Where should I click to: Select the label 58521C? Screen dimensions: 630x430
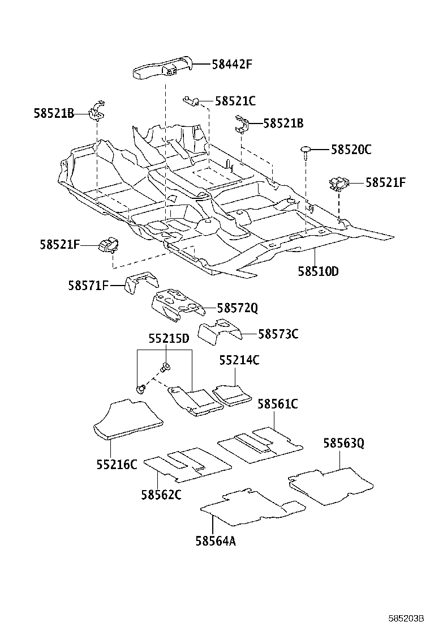click(235, 101)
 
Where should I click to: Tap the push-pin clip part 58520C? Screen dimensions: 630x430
click(306, 151)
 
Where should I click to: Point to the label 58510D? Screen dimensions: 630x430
click(318, 271)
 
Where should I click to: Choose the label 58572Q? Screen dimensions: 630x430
click(237, 308)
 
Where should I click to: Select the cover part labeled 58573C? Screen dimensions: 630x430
click(218, 331)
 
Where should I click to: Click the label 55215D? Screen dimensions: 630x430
click(169, 339)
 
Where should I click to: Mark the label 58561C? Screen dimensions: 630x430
click(277, 404)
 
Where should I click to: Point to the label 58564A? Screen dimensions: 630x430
click(216, 541)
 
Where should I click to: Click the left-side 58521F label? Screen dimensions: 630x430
click(59, 244)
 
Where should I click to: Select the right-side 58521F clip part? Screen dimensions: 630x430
click(338, 183)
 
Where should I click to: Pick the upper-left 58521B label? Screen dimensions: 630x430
click(54, 113)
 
